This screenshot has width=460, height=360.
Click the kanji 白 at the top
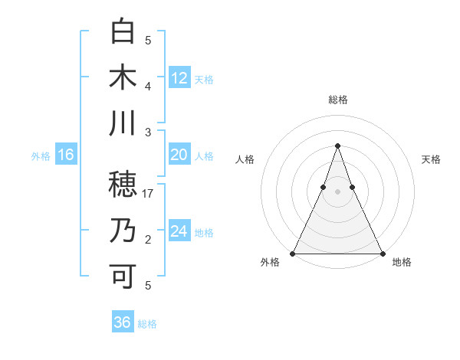point(123,32)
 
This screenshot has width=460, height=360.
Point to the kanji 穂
point(123,184)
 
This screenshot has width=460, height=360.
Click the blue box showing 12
point(179,77)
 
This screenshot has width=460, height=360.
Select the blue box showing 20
point(179,155)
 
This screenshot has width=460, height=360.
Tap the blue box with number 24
point(179,231)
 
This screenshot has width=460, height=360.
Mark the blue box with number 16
point(66,155)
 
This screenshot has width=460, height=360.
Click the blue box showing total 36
point(123,322)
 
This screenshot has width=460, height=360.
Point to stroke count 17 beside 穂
point(148,194)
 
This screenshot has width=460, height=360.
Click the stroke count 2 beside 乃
point(148,240)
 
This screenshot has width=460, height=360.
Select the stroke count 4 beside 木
point(148,87)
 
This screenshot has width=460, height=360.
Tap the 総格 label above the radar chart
point(337,100)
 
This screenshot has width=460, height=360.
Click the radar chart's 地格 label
point(402,262)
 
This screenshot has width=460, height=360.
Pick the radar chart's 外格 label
point(270,262)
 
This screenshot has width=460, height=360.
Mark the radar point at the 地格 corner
point(382,254)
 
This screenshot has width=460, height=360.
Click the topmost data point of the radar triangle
point(337,146)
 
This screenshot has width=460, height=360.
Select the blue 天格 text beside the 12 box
point(204,79)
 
